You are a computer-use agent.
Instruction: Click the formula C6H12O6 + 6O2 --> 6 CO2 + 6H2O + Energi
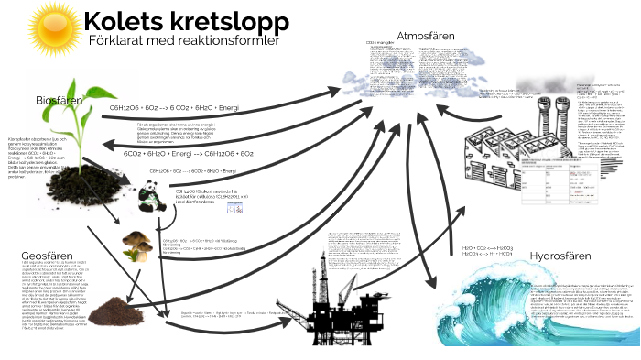tap(174, 108)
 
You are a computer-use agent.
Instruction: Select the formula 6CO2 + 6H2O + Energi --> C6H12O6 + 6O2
tap(189, 155)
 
